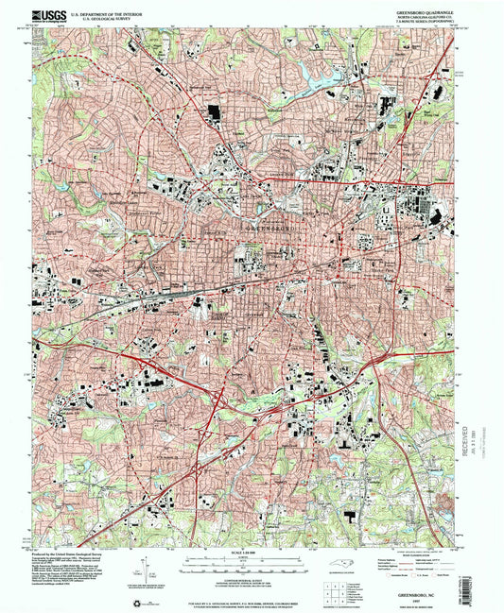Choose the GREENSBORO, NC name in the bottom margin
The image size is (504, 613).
pyautogui.click(x=437, y=586)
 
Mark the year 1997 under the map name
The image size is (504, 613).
pyautogui.click(x=437, y=592)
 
